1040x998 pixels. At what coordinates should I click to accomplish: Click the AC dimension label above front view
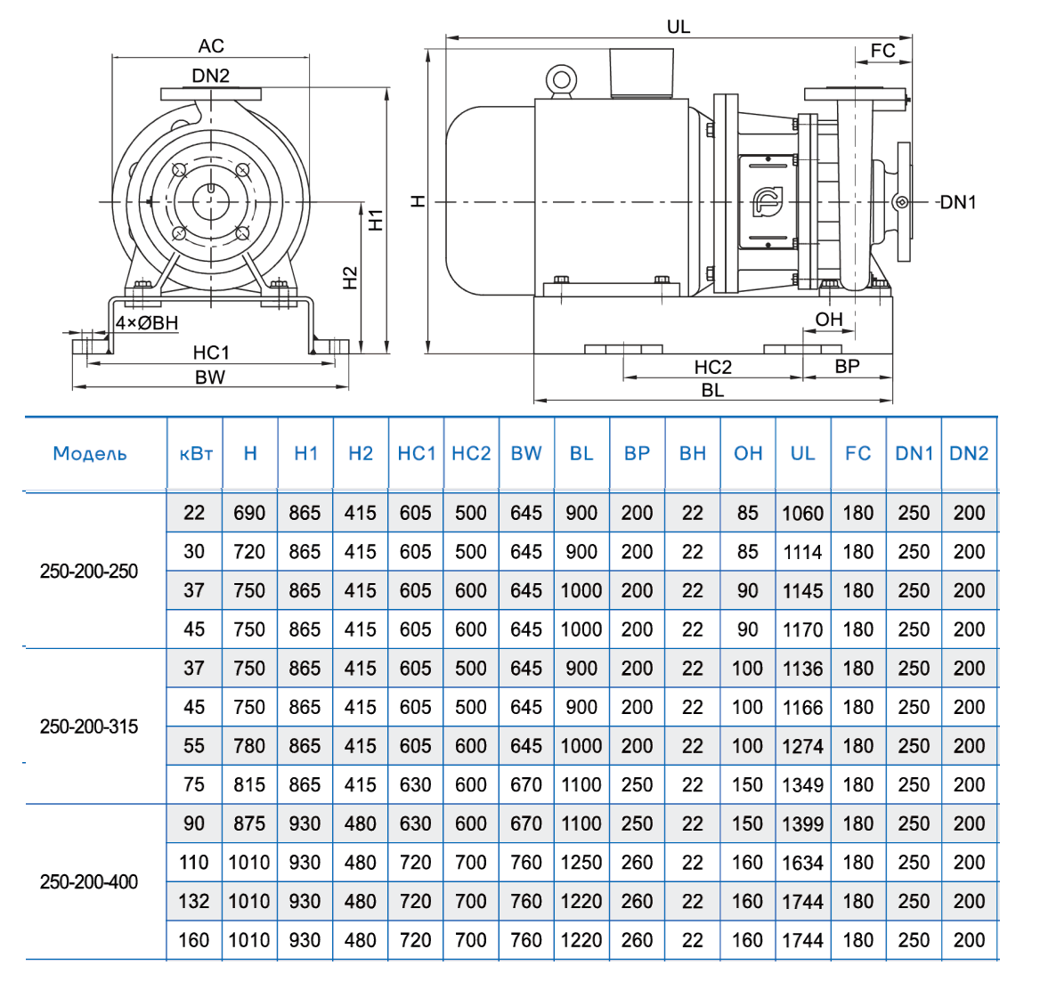(211, 45)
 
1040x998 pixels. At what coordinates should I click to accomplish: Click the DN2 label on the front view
(211, 76)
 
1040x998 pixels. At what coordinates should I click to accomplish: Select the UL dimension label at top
(678, 27)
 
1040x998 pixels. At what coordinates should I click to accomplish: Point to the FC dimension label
(882, 51)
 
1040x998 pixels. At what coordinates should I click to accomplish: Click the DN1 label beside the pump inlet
(958, 202)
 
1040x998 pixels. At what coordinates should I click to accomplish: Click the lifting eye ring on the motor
(562, 80)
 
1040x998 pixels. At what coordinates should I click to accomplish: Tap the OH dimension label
(828, 319)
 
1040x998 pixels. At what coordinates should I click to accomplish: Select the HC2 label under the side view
(712, 367)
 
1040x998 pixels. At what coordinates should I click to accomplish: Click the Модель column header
(90, 453)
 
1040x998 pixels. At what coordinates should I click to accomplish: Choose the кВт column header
(195, 453)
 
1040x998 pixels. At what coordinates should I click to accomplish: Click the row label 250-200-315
(89, 726)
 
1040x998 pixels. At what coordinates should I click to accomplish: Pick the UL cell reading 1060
(802, 514)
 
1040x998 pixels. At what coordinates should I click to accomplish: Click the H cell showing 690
(249, 513)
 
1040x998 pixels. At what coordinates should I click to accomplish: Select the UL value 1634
(802, 863)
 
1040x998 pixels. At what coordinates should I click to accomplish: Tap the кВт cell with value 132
(194, 901)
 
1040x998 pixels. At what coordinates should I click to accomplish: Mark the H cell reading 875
(249, 824)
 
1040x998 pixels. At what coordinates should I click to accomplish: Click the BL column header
(581, 453)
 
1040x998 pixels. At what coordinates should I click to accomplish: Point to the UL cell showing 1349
(802, 785)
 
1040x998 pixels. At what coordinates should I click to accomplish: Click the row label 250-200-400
(89, 882)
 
